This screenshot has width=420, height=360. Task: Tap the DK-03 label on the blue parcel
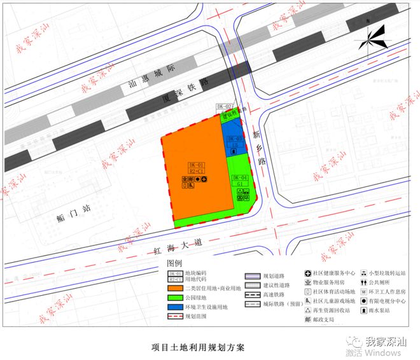coord(235,139)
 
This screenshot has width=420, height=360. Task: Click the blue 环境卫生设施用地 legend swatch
coord(176,306)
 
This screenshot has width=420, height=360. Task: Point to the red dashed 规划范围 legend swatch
coord(176,316)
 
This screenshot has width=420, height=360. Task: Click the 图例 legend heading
coord(174,263)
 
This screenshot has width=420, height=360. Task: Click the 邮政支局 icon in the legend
coord(309,320)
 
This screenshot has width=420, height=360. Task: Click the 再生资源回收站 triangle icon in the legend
coord(309,310)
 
